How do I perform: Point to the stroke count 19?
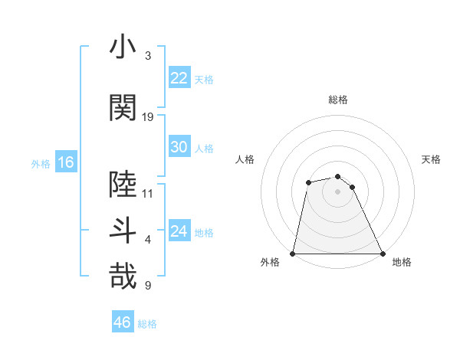148,117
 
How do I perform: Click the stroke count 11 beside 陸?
148,194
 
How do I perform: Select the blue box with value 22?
179,78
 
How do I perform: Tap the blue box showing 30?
179,147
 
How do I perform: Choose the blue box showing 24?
179,231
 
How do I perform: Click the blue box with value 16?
65,162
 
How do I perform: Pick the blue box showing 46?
122,322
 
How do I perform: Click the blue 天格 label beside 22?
204,80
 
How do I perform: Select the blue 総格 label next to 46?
147,324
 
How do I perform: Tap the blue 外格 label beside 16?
41,164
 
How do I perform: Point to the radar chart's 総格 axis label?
337,100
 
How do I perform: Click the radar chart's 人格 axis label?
245,159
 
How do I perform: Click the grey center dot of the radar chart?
337,191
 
